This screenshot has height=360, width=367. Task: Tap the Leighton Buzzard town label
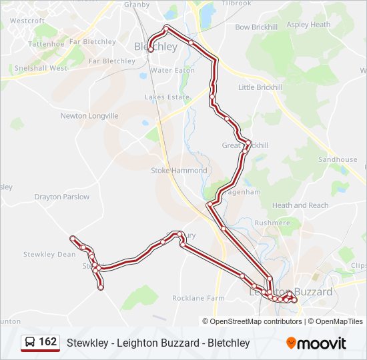(x=290, y=291)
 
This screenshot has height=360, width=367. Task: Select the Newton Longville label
(x=89, y=115)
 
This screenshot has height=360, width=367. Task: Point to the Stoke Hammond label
(x=179, y=171)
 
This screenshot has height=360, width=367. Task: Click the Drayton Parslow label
(x=62, y=197)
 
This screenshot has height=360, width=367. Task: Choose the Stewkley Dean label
(x=49, y=254)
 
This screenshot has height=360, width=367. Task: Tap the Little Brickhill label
(x=260, y=87)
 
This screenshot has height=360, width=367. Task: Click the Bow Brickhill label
(x=256, y=27)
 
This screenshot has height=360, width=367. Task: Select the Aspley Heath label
(x=308, y=25)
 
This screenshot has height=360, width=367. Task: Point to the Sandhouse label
(x=337, y=160)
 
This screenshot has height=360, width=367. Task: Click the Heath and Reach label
(x=300, y=205)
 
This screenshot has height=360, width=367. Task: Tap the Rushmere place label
(x=271, y=223)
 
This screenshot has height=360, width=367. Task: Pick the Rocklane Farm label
(x=198, y=298)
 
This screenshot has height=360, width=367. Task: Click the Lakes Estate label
(x=167, y=97)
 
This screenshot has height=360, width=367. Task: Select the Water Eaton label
(x=172, y=70)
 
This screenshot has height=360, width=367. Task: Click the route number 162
(x=47, y=342)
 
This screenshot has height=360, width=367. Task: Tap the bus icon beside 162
(x=31, y=343)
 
